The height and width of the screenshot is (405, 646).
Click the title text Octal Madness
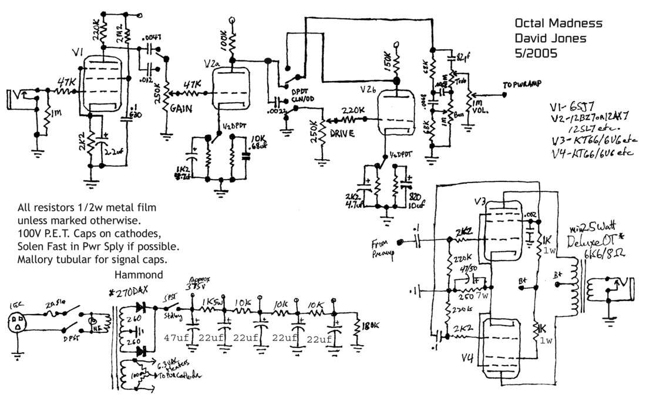coord(558,24)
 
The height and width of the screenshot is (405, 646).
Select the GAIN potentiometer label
coord(180,110)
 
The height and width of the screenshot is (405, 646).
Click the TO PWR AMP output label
coord(522,84)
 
